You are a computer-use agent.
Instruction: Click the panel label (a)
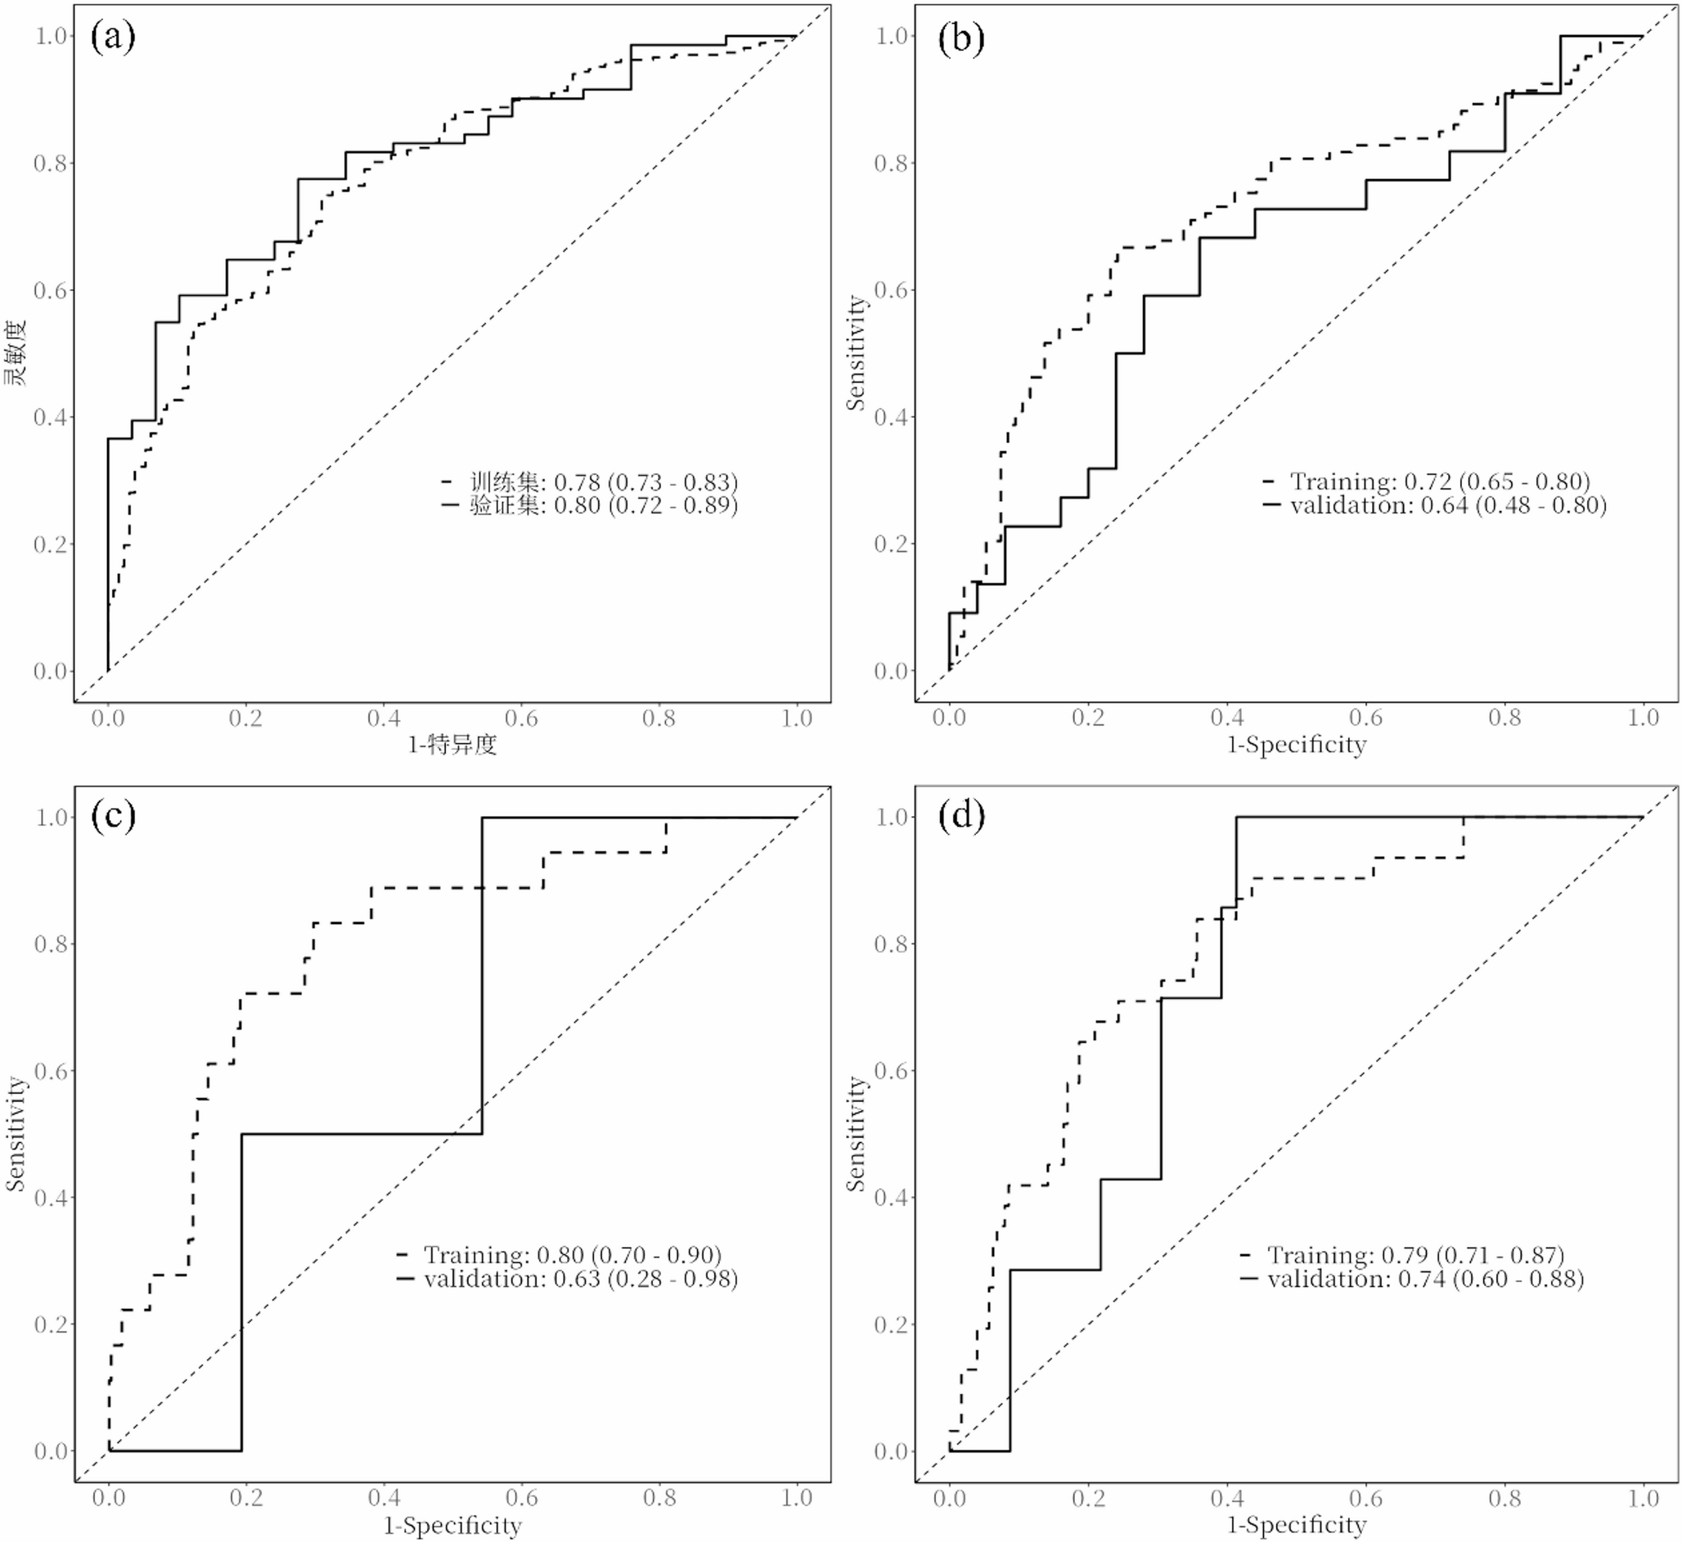[113, 38]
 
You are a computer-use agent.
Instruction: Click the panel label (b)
[960, 38]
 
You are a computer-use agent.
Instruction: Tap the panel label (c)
[113, 815]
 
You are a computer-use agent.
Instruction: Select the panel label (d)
[960, 815]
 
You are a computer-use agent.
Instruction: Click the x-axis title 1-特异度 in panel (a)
[452, 744]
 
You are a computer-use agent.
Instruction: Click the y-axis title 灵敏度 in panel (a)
[16, 352]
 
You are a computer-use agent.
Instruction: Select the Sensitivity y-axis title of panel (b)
[856, 352]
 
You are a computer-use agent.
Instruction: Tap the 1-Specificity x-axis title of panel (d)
[1296, 1526]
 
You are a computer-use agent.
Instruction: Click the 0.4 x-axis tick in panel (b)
[1226, 718]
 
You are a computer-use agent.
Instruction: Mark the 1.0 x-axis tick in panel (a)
[796, 718]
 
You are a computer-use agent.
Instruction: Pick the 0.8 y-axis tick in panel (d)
[891, 944]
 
